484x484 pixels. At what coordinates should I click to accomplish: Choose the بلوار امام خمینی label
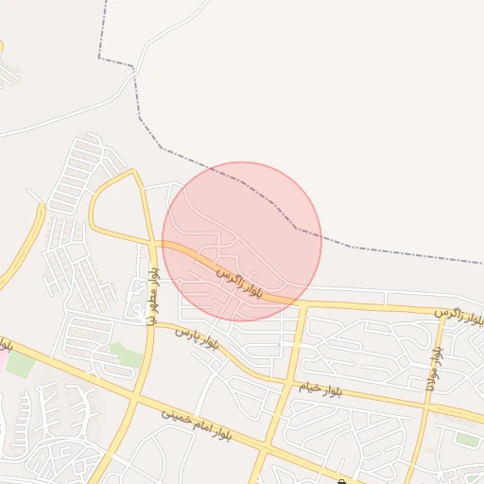(196, 423)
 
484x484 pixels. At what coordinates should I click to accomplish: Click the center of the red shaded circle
(242, 241)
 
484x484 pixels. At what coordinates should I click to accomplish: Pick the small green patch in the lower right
(465, 439)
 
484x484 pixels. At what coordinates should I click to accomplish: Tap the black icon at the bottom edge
(341, 481)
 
